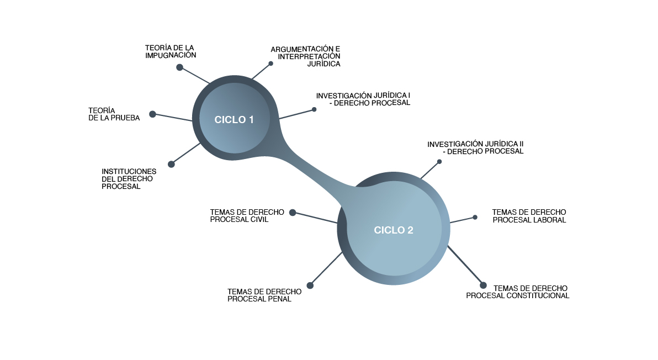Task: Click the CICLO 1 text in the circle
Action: [x=234, y=120]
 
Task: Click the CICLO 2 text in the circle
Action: [x=394, y=230]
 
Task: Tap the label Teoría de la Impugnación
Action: [x=171, y=51]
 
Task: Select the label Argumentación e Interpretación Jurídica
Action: [x=305, y=56]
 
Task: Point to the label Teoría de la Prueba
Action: [x=114, y=114]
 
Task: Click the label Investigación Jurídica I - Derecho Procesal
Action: [x=363, y=99]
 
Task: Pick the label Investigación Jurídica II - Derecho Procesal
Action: [x=475, y=147]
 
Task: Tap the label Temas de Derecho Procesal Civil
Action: [x=247, y=215]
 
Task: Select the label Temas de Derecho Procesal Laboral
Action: [x=529, y=216]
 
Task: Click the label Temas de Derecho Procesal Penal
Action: [x=264, y=295]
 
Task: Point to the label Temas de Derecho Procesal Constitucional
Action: [x=518, y=292]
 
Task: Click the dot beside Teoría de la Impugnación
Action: [x=179, y=67]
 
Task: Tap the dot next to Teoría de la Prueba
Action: [x=153, y=114]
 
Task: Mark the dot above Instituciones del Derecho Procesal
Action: [x=171, y=164]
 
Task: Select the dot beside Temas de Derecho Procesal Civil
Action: [x=293, y=212]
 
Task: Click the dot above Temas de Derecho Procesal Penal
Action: [x=310, y=285]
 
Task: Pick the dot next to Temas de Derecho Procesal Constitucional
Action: [x=483, y=285]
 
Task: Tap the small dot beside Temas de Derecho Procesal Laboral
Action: [x=475, y=217]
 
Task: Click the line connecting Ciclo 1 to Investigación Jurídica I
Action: [x=296, y=114]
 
